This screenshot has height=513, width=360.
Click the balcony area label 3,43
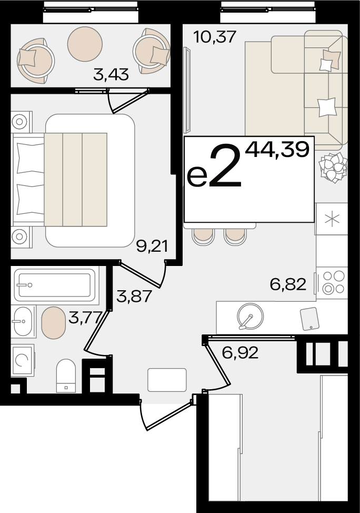pos(111,75)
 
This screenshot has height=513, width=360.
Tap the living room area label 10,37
pos(214,37)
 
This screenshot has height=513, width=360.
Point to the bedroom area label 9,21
pos(152,246)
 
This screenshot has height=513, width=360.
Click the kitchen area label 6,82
pos(288,284)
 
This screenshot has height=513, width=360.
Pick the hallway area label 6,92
pos(240,352)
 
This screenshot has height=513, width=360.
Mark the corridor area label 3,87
pos(134,297)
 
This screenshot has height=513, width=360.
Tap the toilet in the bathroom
pos(66,375)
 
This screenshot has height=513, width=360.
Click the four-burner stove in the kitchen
pos(333,282)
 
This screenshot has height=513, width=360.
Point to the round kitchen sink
pos(251,317)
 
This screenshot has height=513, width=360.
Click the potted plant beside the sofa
pos(333,167)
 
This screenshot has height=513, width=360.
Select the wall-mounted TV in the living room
pos(186,91)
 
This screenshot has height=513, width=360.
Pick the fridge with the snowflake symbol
pos(332,219)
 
